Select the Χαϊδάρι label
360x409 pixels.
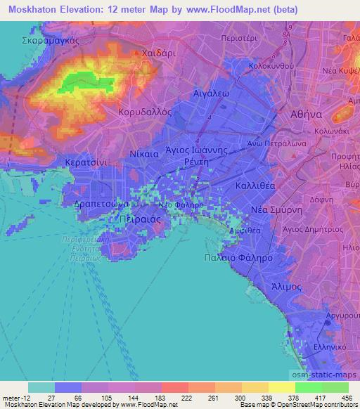158,52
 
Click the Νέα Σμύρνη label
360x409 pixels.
276,211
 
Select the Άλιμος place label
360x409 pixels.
286,287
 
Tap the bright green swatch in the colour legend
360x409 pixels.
309,387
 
